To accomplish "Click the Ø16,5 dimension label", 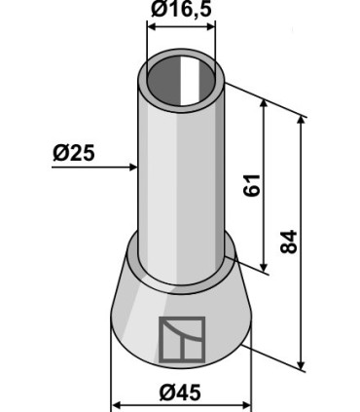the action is pyautogui.click(x=181, y=10).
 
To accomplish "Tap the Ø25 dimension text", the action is pyautogui.click(x=74, y=153).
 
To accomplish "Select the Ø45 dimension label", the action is pyautogui.click(x=180, y=393).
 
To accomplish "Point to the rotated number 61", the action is pyautogui.click(x=252, y=185).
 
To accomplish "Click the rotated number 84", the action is pyautogui.click(x=288, y=242).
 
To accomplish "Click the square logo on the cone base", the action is pyautogui.click(x=182, y=339).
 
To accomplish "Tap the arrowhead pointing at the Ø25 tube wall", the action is pyautogui.click(x=133, y=168).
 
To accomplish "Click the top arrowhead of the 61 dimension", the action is pyautogui.click(x=264, y=104).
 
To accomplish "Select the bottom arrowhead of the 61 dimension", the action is pyautogui.click(x=264, y=267).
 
